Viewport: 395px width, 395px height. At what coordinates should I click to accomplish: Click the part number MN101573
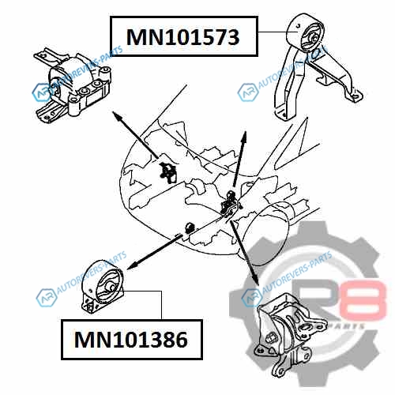tap(183, 37)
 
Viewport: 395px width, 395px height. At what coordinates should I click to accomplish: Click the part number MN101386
tap(131, 340)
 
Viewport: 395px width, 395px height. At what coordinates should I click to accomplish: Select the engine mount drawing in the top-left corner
tap(73, 85)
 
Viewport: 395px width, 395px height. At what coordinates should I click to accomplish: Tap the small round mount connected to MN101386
tap(103, 286)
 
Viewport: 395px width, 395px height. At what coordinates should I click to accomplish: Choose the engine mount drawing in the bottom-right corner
tap(290, 334)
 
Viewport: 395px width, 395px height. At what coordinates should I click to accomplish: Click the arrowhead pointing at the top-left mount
tap(117, 116)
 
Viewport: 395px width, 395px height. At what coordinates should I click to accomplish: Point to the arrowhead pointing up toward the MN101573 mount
tap(244, 137)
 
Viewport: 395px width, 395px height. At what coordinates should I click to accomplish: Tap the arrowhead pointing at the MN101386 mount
tap(132, 266)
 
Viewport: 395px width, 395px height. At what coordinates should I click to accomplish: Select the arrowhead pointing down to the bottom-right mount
tap(255, 279)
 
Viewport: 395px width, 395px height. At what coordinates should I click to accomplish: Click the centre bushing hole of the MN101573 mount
tap(314, 38)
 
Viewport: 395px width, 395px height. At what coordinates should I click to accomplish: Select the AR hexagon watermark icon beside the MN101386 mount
tap(47, 298)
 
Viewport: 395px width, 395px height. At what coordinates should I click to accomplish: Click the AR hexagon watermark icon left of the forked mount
tap(247, 92)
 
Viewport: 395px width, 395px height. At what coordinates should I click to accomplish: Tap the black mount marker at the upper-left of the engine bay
tap(167, 172)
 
